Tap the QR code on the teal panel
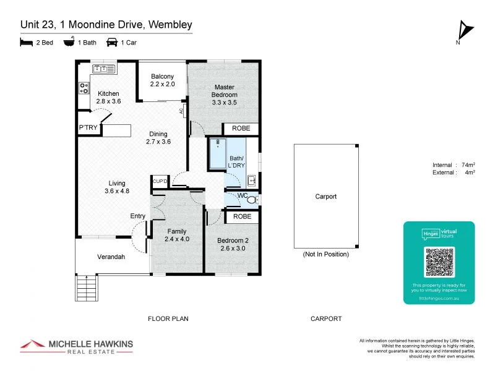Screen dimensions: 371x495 [439, 262]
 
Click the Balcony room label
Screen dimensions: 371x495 [163, 80]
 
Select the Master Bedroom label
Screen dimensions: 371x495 [224, 95]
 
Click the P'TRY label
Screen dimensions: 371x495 [86, 128]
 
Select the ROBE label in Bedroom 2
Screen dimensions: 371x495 [242, 217]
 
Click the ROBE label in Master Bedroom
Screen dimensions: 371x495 [241, 129]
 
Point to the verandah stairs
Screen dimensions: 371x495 [87, 287]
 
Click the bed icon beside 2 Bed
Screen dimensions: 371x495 [26, 42]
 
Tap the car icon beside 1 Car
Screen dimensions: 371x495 [112, 42]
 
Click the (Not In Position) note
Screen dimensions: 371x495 [325, 254]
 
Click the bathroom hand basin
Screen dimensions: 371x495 [252, 181]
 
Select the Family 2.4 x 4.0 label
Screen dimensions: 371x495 [177, 235]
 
